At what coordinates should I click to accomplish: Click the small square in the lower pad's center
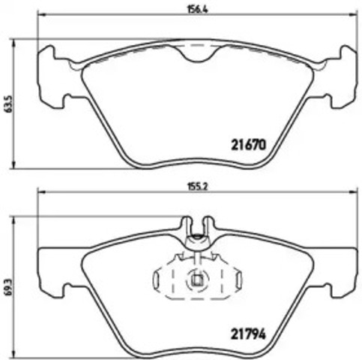[196, 281]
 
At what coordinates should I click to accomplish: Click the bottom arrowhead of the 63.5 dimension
[18, 166]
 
